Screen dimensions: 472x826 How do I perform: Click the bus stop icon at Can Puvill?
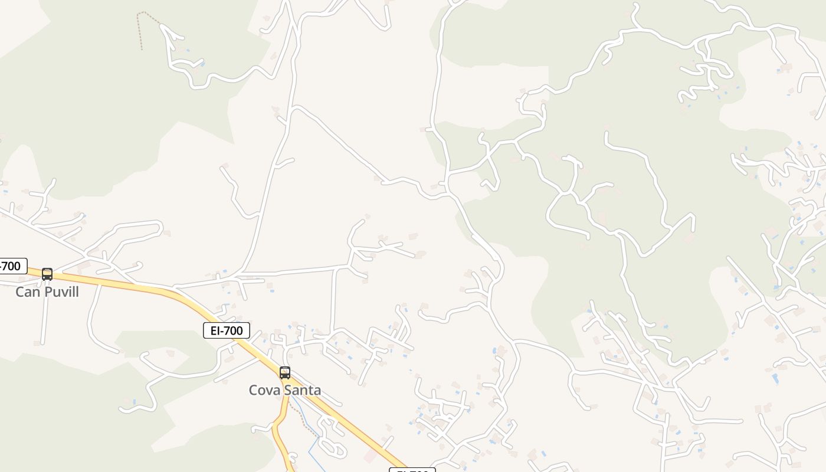pos(47,274)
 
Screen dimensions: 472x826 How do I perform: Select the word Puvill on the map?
pos(60,292)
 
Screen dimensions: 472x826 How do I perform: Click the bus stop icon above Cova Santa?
pos(285,373)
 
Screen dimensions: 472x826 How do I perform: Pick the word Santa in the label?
pos(301,390)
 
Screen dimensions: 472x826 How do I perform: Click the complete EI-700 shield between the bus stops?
pos(227,330)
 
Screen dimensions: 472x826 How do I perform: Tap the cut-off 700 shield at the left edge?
pos(12,266)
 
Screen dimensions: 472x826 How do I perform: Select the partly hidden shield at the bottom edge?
pos(412,470)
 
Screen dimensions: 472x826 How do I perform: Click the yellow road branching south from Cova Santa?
pos(278,431)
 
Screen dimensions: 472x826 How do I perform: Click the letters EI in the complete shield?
pos(215,330)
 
